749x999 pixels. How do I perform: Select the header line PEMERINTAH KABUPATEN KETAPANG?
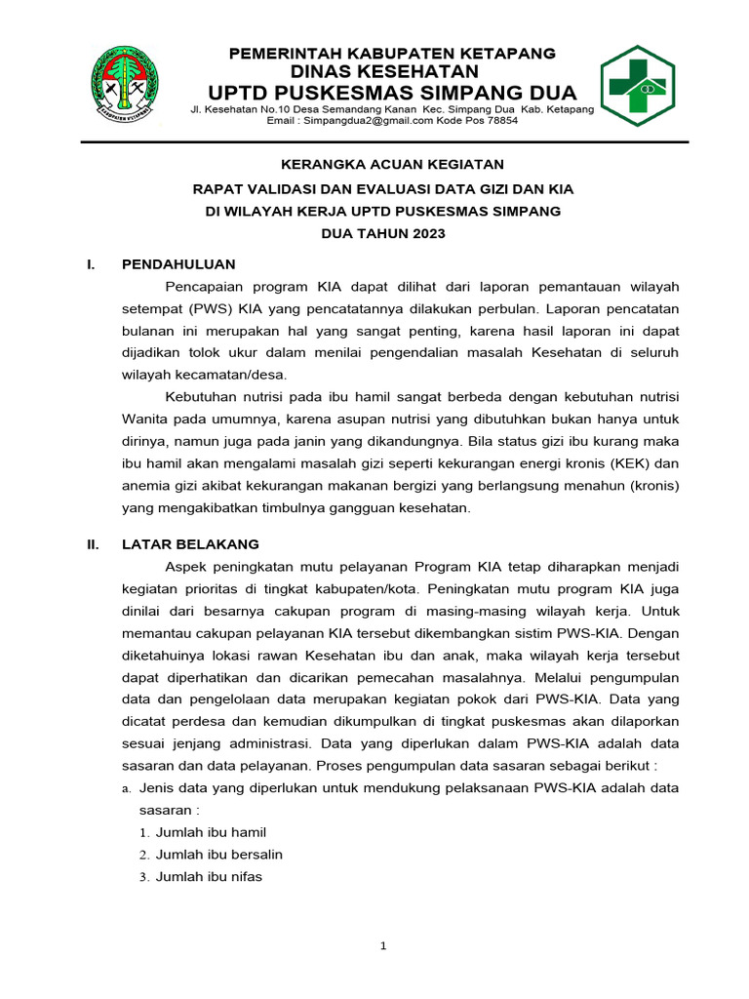(x=392, y=53)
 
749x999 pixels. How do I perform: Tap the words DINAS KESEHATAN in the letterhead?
(x=385, y=71)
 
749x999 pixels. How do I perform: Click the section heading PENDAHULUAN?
(x=177, y=263)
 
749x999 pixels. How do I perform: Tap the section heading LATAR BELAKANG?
(x=190, y=543)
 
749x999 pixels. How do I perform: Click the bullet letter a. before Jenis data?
(x=127, y=787)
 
